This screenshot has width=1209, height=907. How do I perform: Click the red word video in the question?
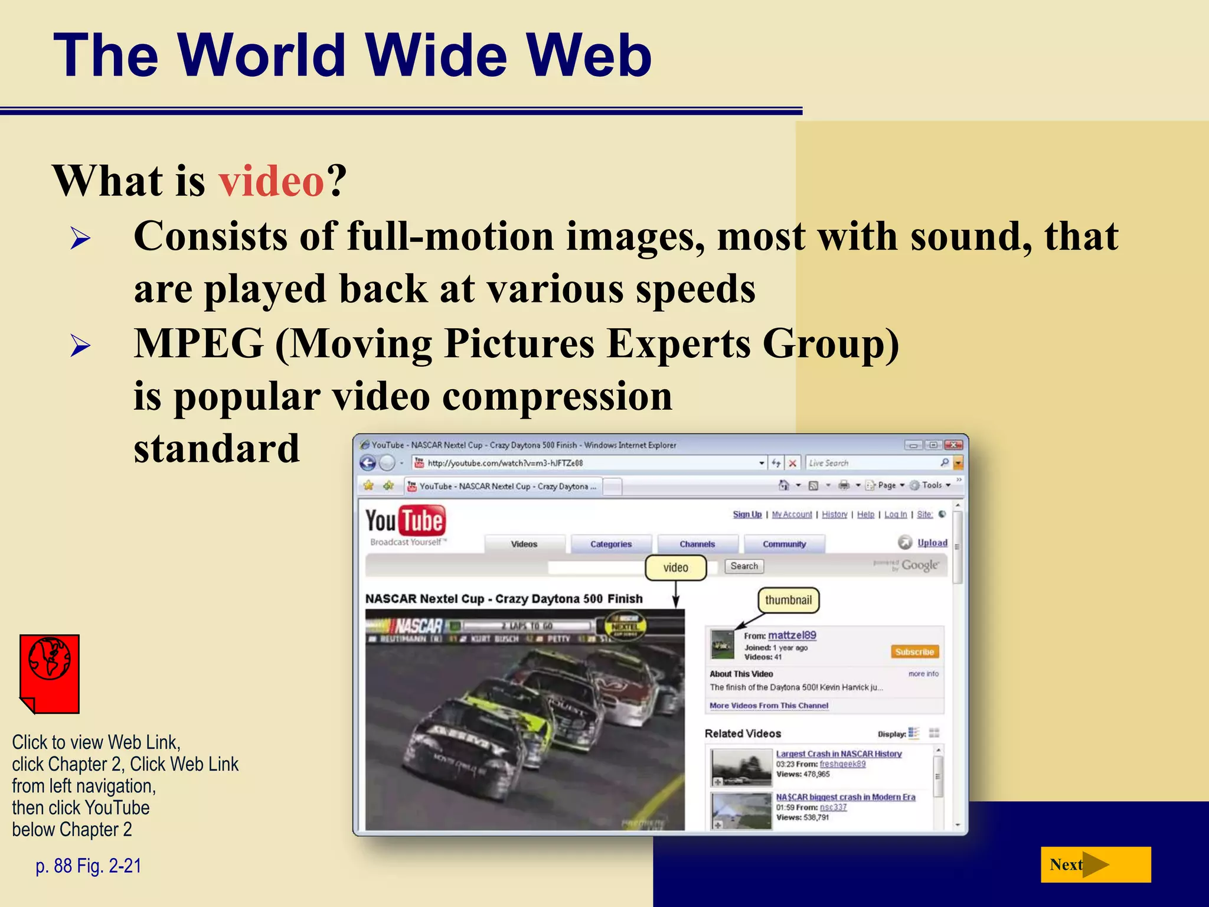point(271,181)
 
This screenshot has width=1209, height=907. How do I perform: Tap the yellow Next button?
point(1095,864)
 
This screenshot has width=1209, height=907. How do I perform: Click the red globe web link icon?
point(50,673)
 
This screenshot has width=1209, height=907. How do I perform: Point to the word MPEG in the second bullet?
point(198,344)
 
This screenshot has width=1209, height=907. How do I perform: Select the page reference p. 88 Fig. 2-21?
point(89,866)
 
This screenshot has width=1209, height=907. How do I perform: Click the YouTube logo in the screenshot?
point(405,521)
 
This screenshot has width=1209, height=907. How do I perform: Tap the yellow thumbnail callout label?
point(788,600)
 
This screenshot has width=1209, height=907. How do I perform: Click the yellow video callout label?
point(675,567)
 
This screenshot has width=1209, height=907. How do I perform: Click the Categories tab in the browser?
point(611,544)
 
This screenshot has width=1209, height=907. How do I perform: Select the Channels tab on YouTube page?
point(697,544)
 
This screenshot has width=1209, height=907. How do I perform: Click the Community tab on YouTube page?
point(784,544)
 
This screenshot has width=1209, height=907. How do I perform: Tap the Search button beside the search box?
point(744,566)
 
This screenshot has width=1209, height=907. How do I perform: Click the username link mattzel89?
point(792,635)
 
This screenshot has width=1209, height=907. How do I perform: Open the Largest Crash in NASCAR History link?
point(838,753)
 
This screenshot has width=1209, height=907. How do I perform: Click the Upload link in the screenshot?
point(932,542)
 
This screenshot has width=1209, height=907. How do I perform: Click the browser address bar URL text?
point(505,463)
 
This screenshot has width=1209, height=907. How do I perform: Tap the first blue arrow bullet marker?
point(80,239)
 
